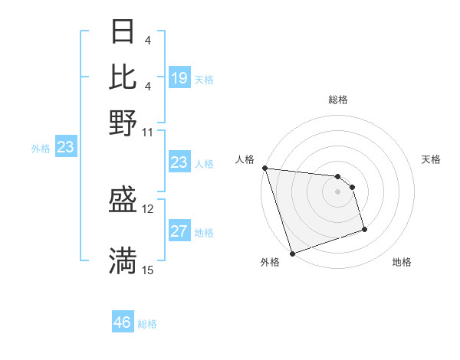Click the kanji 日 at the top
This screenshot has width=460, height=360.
[x=123, y=31]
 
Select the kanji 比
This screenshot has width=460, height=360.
[x=123, y=75]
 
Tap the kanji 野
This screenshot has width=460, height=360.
[x=123, y=123]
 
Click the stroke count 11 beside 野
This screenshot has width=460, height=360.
[x=147, y=131]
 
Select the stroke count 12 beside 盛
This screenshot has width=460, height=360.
[x=147, y=208]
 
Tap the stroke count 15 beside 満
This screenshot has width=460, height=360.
[x=147, y=270]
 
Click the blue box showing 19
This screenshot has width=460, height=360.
[x=179, y=77]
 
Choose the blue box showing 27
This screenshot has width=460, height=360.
[x=179, y=231]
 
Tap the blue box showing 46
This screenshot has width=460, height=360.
[x=123, y=322]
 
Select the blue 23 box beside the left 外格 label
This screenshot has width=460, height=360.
[x=65, y=147]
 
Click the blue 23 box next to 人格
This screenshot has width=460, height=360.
[x=179, y=162]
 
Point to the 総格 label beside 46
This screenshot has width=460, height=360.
[x=147, y=324]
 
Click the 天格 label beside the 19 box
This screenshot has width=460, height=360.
[x=204, y=79]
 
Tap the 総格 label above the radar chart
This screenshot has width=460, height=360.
[x=338, y=100]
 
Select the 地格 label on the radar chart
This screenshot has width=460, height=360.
[x=402, y=262]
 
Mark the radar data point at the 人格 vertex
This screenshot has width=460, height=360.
[x=264, y=168]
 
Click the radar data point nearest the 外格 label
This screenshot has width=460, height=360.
[x=292, y=254]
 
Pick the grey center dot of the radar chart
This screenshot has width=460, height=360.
[x=338, y=191]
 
